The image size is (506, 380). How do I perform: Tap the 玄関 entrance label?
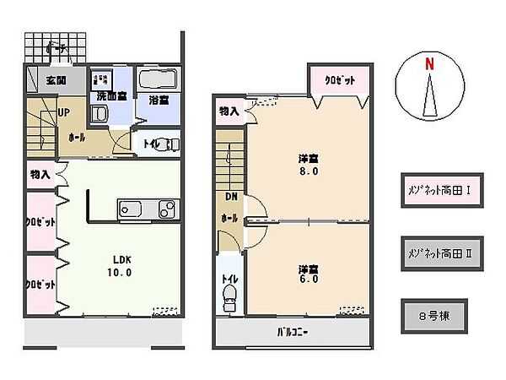tap(57, 80)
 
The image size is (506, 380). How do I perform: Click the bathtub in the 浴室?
tap(157, 82)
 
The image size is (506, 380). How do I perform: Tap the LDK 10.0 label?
tap(117, 266)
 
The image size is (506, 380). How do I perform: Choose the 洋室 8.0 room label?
tap(307, 164)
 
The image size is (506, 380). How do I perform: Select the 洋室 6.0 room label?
tap(307, 275)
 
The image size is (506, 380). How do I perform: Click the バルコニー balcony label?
tap(293, 331)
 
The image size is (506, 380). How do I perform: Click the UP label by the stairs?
tap(63, 112)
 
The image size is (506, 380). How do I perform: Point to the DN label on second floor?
tap(230, 198)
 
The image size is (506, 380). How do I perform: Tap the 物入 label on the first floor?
tap(39, 174)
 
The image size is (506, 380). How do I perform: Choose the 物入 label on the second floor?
tap(229, 111)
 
